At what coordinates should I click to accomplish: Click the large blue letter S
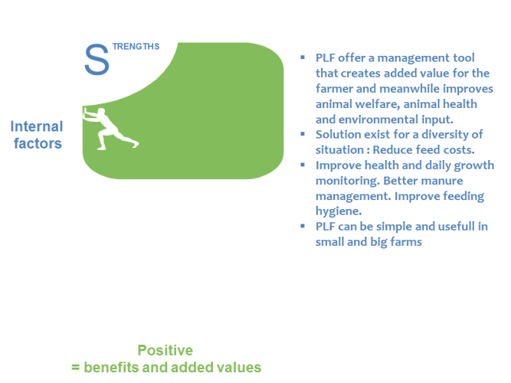coord(97,60)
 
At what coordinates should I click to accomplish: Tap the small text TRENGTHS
coord(136,47)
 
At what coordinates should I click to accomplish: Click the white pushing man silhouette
coord(110,129)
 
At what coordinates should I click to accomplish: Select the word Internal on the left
coord(37,126)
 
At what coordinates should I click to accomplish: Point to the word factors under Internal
coord(38,143)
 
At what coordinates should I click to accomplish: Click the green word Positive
coord(165,351)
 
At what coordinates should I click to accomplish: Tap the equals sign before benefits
coord(75,368)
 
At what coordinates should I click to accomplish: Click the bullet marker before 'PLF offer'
coord(303,57)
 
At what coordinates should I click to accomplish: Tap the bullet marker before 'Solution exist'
coord(303,133)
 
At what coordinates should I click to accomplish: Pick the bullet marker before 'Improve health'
coord(303,165)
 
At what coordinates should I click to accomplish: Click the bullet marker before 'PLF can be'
coord(303,225)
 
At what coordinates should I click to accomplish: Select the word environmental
coord(378,119)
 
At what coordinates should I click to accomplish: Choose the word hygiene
coord(339,211)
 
